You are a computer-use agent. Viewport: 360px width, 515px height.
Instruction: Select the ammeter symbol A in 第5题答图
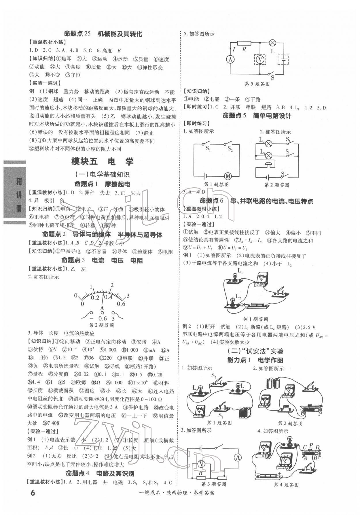[x=230, y=59]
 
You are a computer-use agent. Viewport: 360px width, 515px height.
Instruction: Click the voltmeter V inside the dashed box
[x=260, y=59]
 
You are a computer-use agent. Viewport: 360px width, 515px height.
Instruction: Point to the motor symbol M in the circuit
[x=228, y=176]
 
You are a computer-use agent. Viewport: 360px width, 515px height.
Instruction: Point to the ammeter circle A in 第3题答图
[x=238, y=457]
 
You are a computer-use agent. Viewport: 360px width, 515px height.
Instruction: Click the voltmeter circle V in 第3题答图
[x=202, y=463]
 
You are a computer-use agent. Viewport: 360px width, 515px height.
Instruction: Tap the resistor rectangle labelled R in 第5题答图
[x=244, y=43]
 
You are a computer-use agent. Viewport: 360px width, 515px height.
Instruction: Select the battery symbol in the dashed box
[x=283, y=60]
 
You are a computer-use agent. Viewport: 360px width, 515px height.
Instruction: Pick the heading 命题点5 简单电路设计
[x=257, y=116]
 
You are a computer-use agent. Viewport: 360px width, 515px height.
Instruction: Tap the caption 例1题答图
[x=255, y=319]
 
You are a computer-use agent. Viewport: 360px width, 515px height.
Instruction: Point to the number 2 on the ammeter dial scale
[x=112, y=285]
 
